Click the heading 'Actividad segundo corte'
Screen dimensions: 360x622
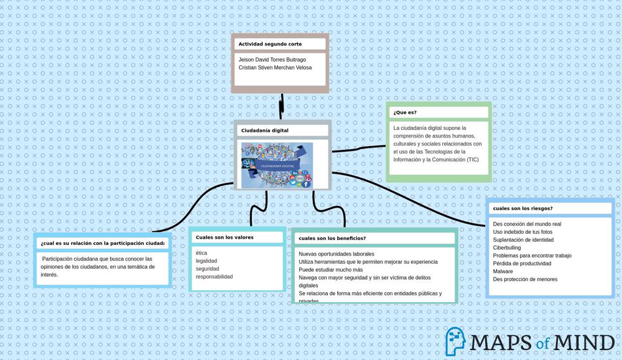[x=270, y=44]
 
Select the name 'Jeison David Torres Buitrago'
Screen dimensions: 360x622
[x=272, y=60]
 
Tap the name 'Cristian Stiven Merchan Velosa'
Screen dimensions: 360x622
[x=275, y=68]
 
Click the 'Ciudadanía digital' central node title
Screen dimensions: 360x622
[x=265, y=131]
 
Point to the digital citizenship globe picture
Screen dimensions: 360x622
[x=277, y=165]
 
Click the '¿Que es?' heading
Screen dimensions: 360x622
[x=405, y=113]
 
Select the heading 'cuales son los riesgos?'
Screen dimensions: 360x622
[x=522, y=208]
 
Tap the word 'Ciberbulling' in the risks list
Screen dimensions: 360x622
[x=507, y=247]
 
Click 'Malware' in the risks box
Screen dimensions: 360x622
[x=503, y=271]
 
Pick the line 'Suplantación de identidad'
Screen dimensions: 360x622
[x=523, y=239]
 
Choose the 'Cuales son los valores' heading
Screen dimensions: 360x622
[x=225, y=238]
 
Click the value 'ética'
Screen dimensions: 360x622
[x=202, y=253]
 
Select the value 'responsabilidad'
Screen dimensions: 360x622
[x=214, y=277]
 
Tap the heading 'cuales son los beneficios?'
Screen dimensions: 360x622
[x=332, y=238]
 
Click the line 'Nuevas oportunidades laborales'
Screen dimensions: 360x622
[x=337, y=254]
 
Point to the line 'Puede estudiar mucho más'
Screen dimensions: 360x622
[x=330, y=270]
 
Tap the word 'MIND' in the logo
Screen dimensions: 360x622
[x=583, y=343]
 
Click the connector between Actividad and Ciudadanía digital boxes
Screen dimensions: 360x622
[x=282, y=106]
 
